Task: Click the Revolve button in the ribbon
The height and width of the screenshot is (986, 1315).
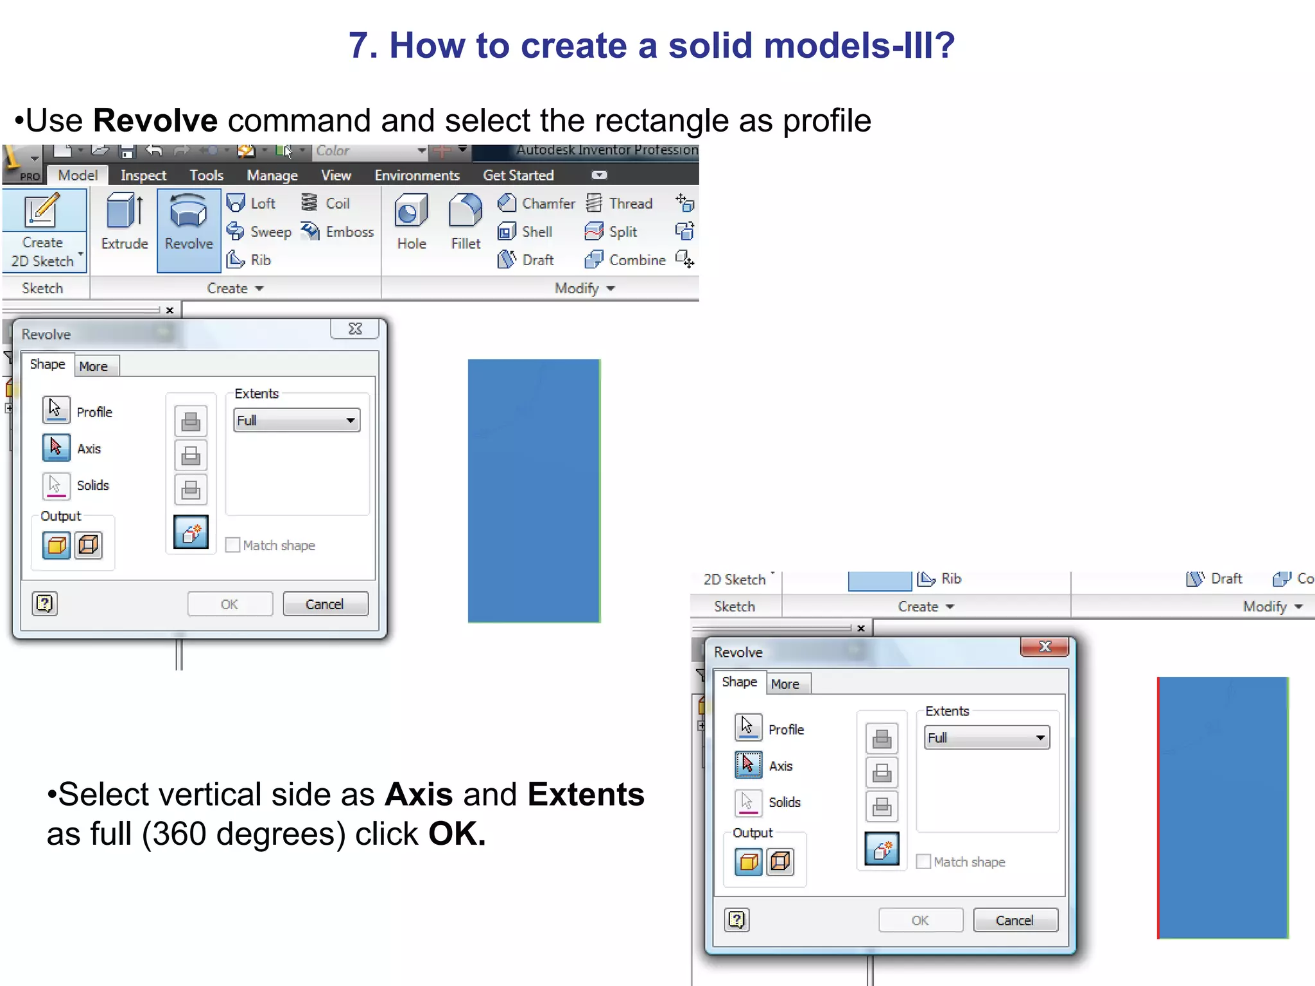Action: point(189,225)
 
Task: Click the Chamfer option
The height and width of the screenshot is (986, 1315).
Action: point(537,203)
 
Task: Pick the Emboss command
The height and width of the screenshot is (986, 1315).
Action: point(338,232)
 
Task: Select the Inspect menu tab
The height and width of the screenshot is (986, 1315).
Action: point(143,175)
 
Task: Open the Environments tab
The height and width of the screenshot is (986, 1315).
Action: point(417,175)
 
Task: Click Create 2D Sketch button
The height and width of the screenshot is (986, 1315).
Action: point(43,231)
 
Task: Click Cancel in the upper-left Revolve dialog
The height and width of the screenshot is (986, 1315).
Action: point(325,604)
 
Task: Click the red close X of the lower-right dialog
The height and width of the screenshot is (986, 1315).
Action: point(1045,646)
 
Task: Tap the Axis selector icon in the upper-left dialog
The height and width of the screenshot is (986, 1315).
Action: point(56,447)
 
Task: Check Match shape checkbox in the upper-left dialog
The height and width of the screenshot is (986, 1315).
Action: point(233,545)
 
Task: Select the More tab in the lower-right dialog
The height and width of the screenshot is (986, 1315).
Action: point(785,684)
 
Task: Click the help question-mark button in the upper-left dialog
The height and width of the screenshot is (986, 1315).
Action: point(45,603)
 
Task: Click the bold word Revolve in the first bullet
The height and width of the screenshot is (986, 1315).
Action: point(155,121)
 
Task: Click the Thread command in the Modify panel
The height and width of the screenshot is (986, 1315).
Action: point(620,203)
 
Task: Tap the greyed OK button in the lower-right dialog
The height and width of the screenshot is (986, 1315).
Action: point(920,921)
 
